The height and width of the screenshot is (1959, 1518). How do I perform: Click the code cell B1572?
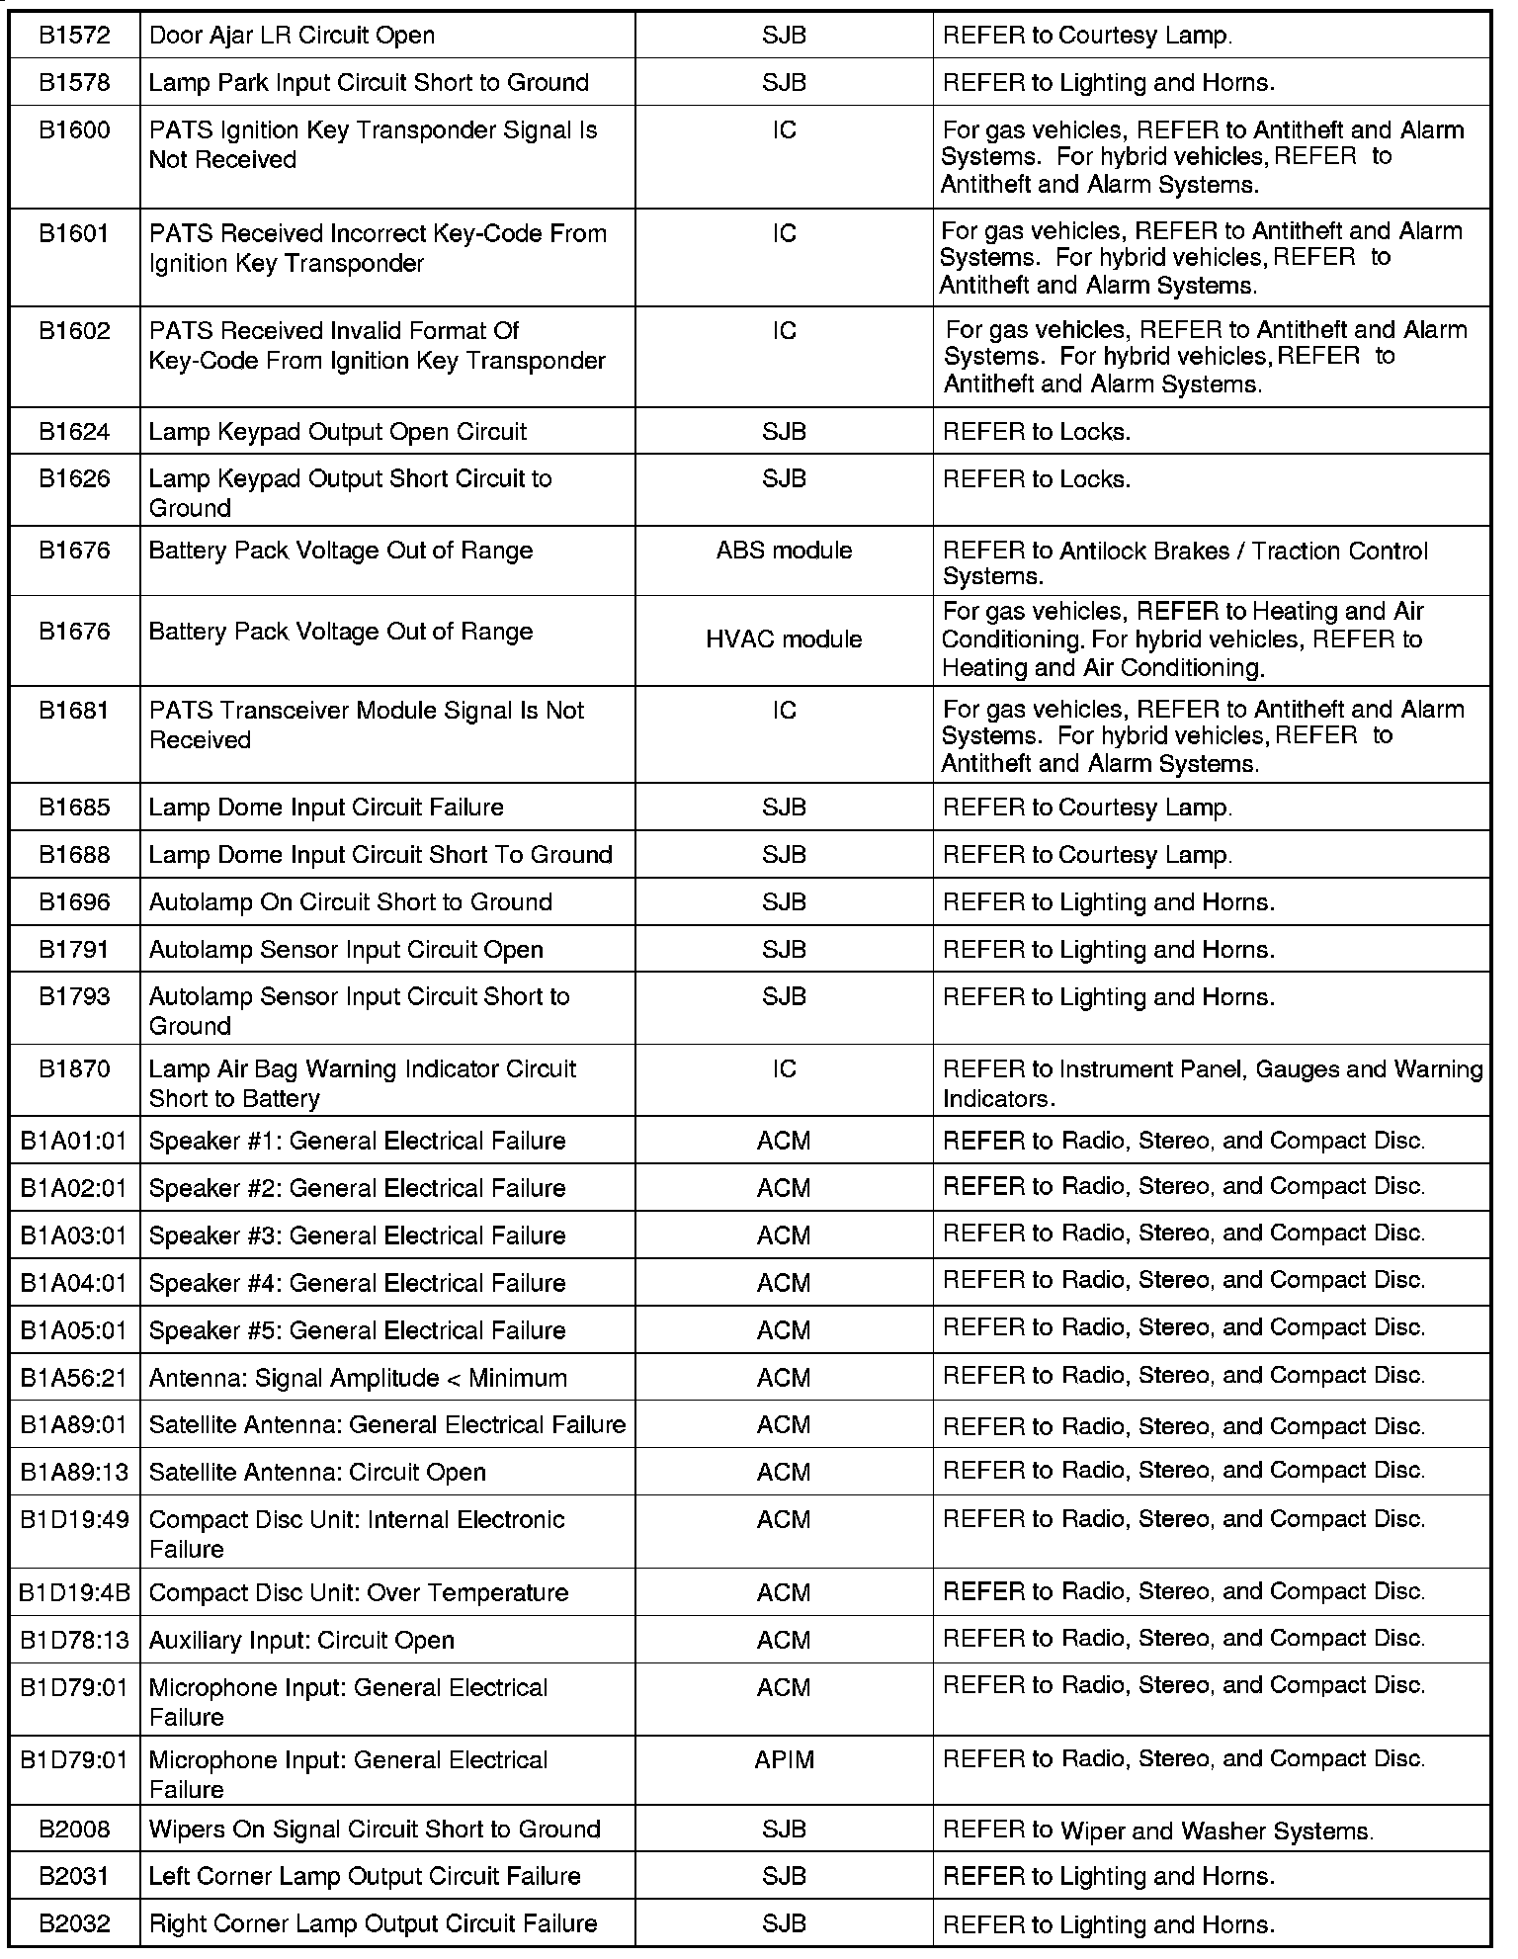click(x=74, y=36)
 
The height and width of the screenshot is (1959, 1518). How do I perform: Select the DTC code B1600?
click(x=74, y=130)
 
